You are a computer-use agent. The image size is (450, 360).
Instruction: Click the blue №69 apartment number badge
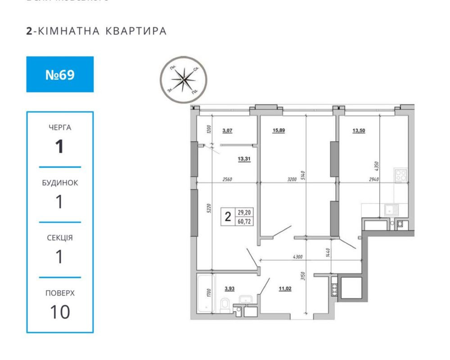coord(60,74)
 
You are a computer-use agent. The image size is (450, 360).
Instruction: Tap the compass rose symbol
coord(183,79)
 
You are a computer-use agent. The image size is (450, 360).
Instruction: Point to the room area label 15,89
coord(279,131)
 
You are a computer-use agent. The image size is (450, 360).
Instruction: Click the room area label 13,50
coord(359,131)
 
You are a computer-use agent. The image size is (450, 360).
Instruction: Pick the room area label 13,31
coord(244,158)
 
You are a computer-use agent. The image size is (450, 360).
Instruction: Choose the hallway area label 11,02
coord(285,289)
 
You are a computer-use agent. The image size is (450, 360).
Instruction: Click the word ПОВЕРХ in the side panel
coord(60,293)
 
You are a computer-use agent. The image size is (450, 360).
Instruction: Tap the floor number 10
coord(60,311)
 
